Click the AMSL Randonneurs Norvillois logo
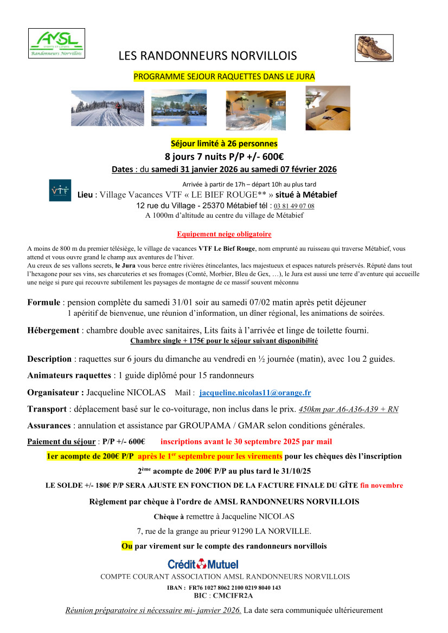pos(56,43)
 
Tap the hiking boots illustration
pos(374,48)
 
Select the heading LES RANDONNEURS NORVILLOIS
pos(208,56)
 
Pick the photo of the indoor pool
pos(255,107)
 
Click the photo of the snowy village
pos(179,107)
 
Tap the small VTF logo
pos(60,191)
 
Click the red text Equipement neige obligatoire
pos(224,234)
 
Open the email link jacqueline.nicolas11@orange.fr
pos(255,393)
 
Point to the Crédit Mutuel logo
pos(203,564)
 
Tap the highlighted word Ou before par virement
pos(126,546)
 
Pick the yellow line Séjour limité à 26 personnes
pos(224,143)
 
